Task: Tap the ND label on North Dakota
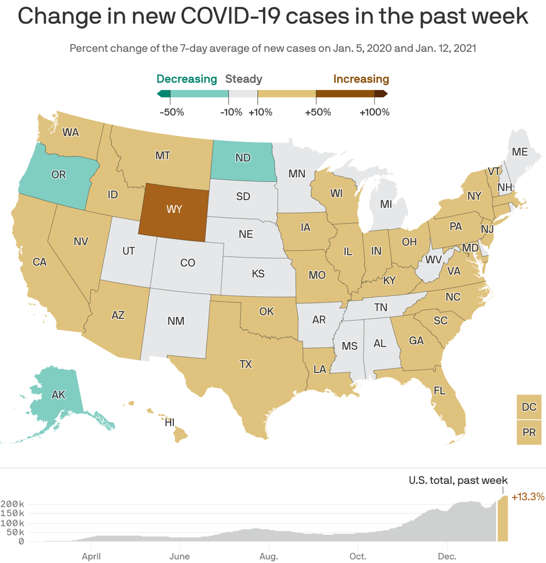pos(243,158)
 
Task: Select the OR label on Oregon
pos(58,175)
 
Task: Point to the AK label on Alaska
pos(58,395)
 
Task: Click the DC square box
pos(529,408)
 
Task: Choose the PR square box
pos(529,432)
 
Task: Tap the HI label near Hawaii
pos(169,422)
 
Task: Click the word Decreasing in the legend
pos(187,79)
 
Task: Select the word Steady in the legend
pos(243,79)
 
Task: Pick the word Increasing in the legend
pos(361,79)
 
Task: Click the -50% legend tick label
pos(172,112)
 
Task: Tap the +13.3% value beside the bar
pos(527,496)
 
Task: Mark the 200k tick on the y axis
pos(13,504)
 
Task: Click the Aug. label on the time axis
pos(269,556)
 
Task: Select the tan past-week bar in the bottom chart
pos(503,518)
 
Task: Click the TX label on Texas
pos(246,364)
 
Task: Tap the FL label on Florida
pos(440,390)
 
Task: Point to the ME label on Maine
pos(519,151)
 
